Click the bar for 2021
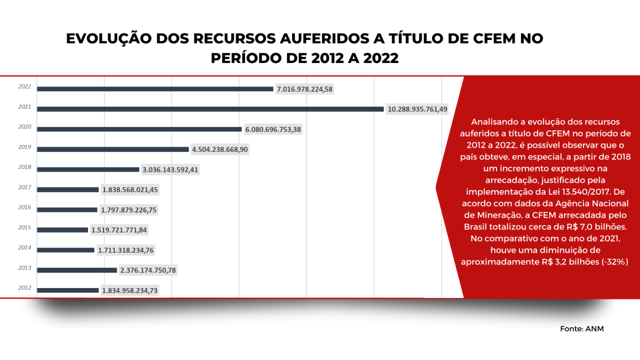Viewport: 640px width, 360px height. coord(211,109)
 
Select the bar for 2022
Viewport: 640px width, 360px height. coord(155,89)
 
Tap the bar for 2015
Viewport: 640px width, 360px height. coord(63,230)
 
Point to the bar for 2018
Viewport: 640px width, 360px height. coord(89,170)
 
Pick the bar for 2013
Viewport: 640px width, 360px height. coord(77,270)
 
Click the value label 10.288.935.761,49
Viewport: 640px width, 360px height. coord(418,109)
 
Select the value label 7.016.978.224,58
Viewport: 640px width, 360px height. coord(305,89)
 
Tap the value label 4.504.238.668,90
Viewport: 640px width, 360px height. coord(220,149)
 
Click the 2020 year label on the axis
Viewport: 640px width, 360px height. coord(25,127)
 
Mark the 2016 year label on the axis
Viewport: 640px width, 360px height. coord(25,207)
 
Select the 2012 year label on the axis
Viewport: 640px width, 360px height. coord(25,289)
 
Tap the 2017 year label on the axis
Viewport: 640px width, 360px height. coord(25,187)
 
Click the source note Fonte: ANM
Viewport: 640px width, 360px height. coord(581,329)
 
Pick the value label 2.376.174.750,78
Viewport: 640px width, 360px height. coord(148,270)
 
